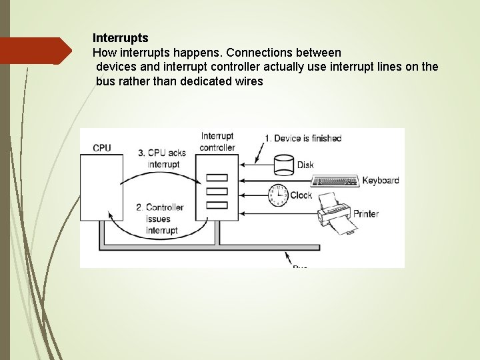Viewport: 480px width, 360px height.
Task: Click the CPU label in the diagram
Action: click(102, 148)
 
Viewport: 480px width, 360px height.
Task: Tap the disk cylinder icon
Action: click(284, 164)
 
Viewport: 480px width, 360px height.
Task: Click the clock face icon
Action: click(277, 195)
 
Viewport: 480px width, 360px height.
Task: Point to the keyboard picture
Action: click(335, 181)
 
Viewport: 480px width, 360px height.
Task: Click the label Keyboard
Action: click(380, 181)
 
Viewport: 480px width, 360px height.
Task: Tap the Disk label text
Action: click(305, 165)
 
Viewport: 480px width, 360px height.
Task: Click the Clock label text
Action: click(301, 195)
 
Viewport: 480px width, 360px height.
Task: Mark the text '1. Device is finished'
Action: click(303, 139)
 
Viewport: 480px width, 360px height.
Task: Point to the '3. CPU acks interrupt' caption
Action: click(162, 159)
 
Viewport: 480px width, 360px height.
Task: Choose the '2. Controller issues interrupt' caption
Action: click(160, 219)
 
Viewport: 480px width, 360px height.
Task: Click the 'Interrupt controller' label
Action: click(217, 142)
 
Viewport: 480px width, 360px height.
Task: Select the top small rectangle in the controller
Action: click(217, 178)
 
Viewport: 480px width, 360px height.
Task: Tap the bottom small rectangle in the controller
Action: click(217, 205)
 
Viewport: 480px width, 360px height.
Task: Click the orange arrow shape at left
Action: click(37, 51)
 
